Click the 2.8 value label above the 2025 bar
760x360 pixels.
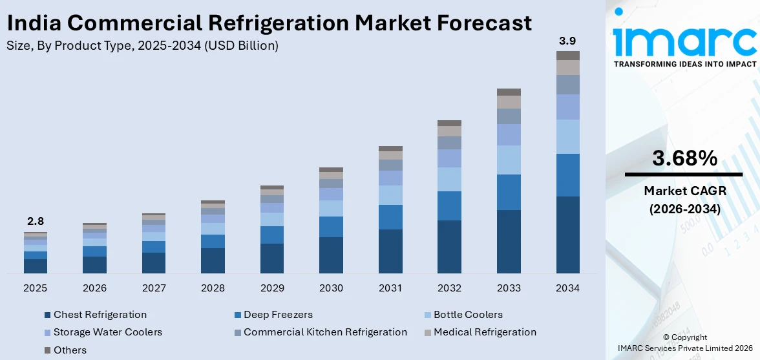(x=36, y=221)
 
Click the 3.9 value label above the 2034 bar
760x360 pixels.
(x=567, y=41)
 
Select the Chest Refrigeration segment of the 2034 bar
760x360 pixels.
(x=567, y=235)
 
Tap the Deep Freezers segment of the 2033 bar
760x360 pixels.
(x=509, y=192)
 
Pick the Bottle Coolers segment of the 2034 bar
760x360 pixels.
(x=567, y=136)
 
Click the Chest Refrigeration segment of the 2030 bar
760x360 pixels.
(x=331, y=255)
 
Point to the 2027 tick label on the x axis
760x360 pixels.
(x=154, y=288)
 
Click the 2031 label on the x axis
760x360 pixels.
(x=390, y=288)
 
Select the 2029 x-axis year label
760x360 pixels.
(x=272, y=288)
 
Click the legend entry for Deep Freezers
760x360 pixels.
(x=278, y=315)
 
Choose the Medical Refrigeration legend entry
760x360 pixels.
(x=485, y=332)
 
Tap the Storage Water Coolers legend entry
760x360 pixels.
(x=107, y=332)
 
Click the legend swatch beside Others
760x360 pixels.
(x=47, y=350)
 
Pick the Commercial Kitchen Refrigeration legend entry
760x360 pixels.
(x=325, y=332)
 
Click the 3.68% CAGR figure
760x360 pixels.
(x=684, y=158)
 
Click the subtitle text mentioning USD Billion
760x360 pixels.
(x=142, y=46)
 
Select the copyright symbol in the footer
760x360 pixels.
(x=666, y=337)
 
